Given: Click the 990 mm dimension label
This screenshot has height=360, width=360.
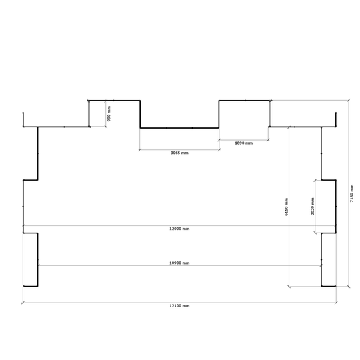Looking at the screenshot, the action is (x=109, y=113).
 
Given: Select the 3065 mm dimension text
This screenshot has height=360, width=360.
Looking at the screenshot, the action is (x=179, y=153).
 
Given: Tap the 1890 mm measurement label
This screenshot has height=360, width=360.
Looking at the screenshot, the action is (x=244, y=143).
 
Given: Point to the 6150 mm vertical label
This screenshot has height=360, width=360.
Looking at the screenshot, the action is (x=286, y=207).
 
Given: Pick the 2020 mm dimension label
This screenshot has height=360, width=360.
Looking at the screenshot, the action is (x=313, y=207).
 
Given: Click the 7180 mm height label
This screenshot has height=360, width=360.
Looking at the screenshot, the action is (x=351, y=193).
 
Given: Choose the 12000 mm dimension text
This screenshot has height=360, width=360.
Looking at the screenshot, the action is (x=179, y=229).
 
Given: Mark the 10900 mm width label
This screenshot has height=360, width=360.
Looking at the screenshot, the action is (x=179, y=263).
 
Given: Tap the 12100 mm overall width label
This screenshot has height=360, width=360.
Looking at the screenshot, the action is (x=179, y=305).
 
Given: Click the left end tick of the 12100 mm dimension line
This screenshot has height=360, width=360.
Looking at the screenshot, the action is (x=23, y=303).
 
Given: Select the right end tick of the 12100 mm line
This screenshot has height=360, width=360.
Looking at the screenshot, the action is (x=336, y=303).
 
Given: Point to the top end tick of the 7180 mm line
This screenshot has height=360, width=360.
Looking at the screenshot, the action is (x=349, y=100).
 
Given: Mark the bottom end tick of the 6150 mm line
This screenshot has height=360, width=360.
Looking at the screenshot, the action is (x=289, y=286).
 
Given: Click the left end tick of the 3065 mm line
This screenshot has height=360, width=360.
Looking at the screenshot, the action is (x=140, y=150).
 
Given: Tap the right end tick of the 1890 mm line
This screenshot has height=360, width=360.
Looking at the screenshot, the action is (x=268, y=140).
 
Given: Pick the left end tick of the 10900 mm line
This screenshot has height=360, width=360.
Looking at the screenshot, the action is (x=38, y=265).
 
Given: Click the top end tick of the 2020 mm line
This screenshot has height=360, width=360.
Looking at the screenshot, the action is (x=315, y=181).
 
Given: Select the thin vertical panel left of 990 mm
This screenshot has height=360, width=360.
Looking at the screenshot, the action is (x=89, y=113).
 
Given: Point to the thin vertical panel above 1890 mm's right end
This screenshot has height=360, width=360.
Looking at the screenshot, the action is (x=270, y=113).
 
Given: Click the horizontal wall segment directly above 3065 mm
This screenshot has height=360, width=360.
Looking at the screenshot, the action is (x=179, y=128).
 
